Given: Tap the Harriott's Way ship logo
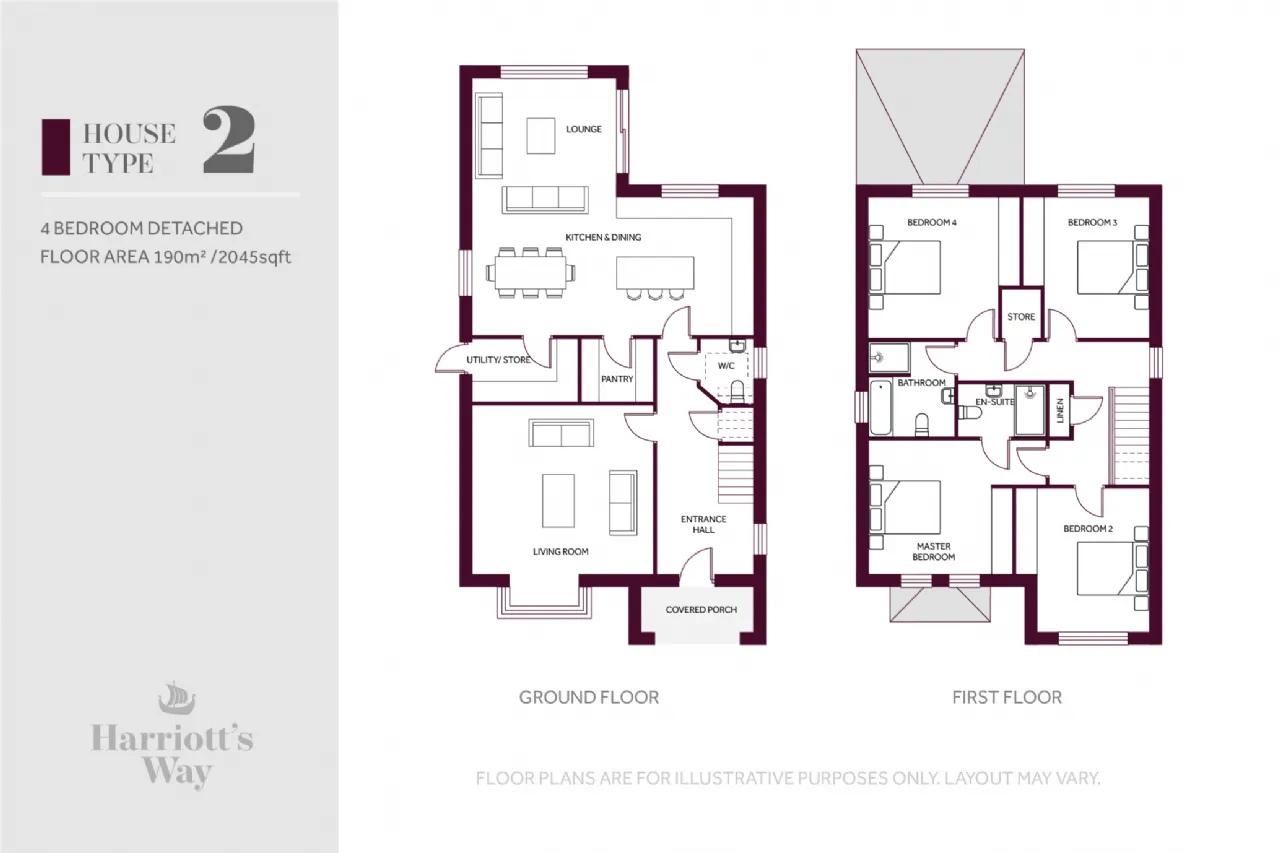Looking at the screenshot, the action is point(177,698).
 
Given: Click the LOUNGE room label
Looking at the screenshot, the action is point(583,129).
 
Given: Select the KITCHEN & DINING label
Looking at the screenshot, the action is point(603,237).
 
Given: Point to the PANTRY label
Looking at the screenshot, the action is point(617,379).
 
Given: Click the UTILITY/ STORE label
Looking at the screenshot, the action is point(498,360).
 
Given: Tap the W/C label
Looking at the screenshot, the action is point(726,366).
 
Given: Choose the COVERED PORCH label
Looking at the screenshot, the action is point(701,610).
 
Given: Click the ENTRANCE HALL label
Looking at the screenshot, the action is point(703,524).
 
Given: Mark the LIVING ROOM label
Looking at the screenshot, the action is point(561,551).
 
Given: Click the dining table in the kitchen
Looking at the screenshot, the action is point(531,273).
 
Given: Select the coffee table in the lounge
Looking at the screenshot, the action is point(541,135).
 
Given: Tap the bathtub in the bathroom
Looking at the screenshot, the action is point(881,407).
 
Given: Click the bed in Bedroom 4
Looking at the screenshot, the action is point(905,267).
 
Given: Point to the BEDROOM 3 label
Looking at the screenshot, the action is point(1092,222).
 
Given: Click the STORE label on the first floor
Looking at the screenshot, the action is point(1021,317).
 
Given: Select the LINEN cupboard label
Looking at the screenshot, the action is point(1059,410).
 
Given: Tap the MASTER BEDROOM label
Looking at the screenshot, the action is point(933,551).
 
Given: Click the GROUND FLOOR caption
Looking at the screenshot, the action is point(589,697).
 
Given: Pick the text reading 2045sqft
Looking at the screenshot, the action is point(254,257).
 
